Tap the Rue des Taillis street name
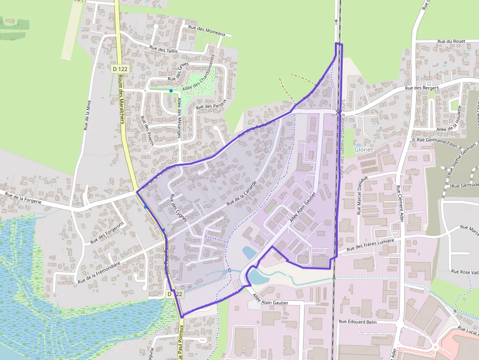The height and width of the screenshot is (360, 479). (x=164, y=49)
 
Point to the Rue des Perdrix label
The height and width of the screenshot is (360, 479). (x=212, y=106)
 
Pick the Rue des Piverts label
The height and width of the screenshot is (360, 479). (x=147, y=131)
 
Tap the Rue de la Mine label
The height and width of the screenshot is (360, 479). (x=87, y=115)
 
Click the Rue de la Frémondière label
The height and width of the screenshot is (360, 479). (x=99, y=273)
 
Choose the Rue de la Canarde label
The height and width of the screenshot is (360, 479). (x=241, y=192)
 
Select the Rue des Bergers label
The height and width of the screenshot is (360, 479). (x=422, y=88)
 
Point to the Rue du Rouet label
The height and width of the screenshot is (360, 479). (x=451, y=42)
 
